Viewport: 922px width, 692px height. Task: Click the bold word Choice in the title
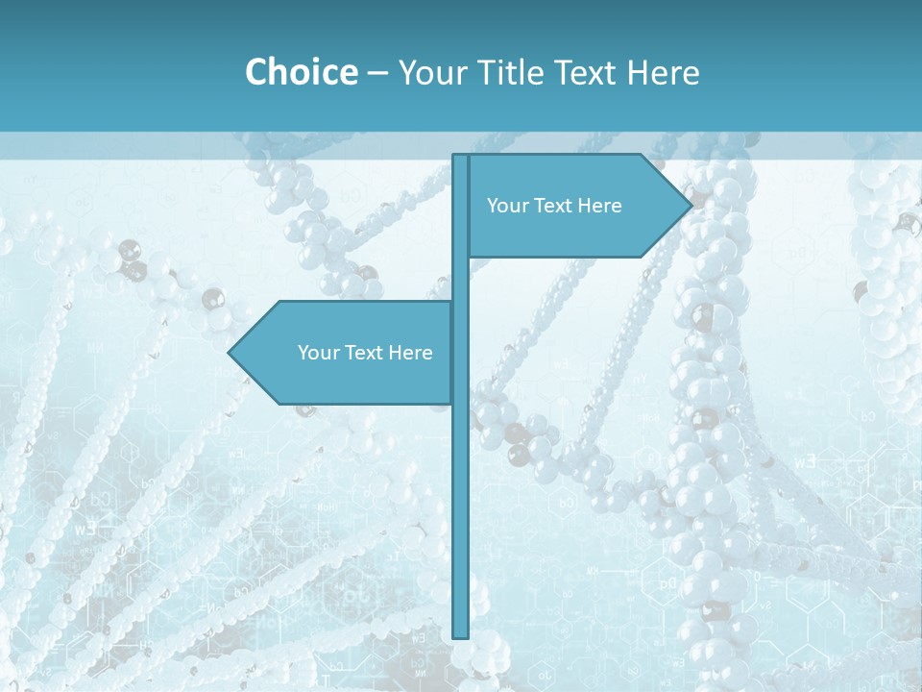[301, 72]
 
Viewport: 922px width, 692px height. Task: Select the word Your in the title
[430, 73]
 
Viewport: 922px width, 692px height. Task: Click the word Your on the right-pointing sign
[508, 206]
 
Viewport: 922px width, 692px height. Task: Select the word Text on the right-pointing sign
[554, 206]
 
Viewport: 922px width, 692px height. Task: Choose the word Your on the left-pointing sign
[319, 353]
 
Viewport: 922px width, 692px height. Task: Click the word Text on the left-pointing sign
[365, 353]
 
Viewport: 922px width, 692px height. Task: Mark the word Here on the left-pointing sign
[410, 353]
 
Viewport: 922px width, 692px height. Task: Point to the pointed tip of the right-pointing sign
[690, 206]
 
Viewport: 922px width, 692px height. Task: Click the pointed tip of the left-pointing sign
[230, 353]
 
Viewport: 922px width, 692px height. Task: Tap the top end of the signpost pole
[460, 157]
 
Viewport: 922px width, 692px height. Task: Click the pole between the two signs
[460, 279]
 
